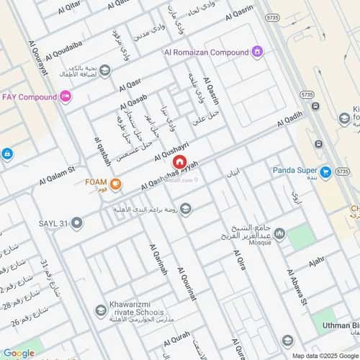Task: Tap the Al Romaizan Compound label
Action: [x=207, y=52]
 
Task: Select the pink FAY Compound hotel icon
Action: [x=66, y=96]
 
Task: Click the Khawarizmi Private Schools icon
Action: [x=102, y=310]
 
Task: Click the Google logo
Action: [x=18, y=353]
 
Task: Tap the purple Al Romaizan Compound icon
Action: [x=258, y=52]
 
